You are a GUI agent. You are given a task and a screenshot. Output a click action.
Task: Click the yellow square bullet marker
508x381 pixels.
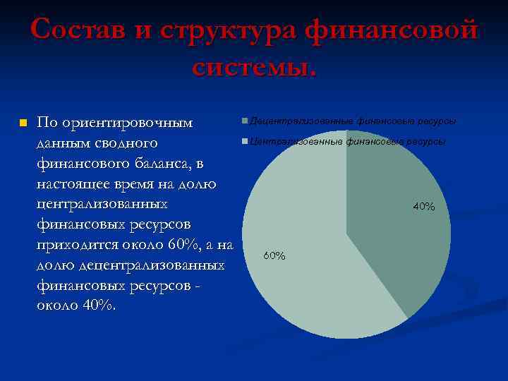coord(23,123)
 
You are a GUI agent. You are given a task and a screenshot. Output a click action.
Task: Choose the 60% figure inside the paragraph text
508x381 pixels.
coord(190,246)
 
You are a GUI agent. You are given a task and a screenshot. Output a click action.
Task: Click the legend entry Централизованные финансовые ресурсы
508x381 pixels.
coord(346,142)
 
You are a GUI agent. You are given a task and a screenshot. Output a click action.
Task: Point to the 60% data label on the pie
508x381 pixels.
coord(274,255)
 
